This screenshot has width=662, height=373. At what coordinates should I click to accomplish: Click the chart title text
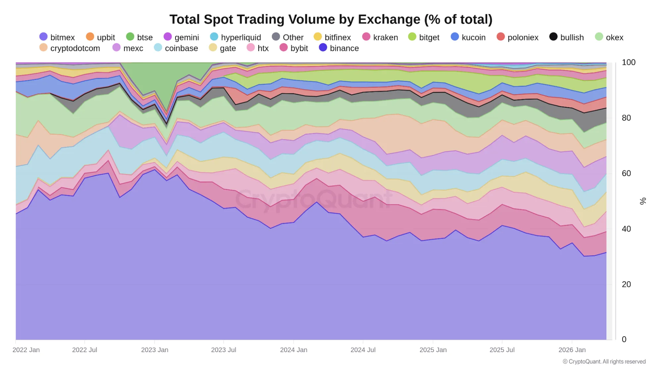[x=331, y=19]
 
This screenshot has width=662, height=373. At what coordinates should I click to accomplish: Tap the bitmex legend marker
[x=43, y=37]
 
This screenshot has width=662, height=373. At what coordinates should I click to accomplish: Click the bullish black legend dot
[x=553, y=37]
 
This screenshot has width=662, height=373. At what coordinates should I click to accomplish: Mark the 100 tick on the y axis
[x=628, y=62]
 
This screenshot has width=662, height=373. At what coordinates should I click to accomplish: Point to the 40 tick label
[x=626, y=229]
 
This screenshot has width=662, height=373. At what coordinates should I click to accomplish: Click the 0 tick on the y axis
[x=624, y=339]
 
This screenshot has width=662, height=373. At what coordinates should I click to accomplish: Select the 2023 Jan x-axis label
[x=155, y=350]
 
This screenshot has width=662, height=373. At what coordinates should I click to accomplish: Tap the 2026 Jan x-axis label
[x=572, y=350]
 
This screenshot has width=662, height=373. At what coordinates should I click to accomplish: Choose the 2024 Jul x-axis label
[x=363, y=350]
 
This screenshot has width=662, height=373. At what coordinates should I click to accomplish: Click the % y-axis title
[x=643, y=201]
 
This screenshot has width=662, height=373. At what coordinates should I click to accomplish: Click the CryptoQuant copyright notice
[x=604, y=361]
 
